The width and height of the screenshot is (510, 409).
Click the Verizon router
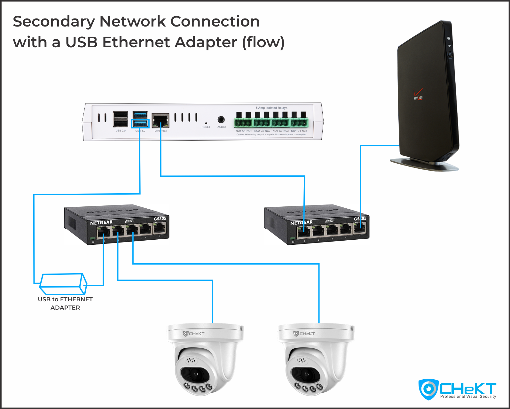427,96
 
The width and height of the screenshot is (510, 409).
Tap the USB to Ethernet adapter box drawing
63,284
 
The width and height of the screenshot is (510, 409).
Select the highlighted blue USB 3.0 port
140,124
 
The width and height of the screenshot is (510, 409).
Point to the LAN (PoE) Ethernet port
161,120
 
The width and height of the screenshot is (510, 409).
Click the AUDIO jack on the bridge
221,120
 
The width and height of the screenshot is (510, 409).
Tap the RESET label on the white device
206,127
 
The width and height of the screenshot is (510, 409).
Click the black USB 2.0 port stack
121,119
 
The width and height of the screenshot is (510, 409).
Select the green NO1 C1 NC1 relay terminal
244,123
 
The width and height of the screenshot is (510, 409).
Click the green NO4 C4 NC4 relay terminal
299,123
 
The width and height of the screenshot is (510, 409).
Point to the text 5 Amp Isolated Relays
271,108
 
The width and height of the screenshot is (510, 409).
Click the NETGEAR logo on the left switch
101,223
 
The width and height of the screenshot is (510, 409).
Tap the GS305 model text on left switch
160,219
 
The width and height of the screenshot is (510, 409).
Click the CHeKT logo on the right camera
304,334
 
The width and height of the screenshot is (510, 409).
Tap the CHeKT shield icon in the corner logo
428,389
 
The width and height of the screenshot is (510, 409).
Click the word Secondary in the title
54,22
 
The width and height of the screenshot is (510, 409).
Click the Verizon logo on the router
418,97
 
